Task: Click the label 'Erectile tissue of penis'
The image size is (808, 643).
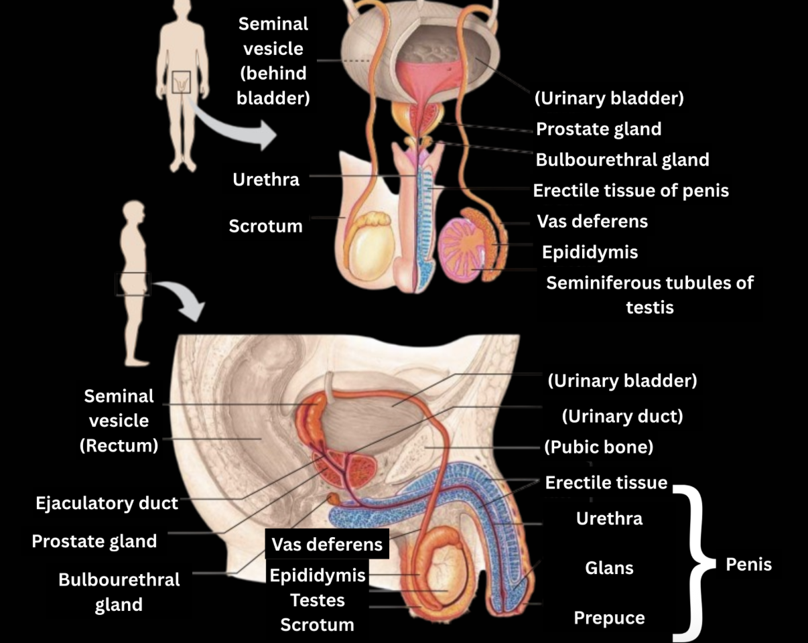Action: coord(630,191)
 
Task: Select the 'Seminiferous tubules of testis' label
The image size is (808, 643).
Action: coord(649,295)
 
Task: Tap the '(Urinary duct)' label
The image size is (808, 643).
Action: coord(622,416)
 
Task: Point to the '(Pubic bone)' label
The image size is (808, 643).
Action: coord(598,447)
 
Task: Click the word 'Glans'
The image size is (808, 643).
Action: coord(609,568)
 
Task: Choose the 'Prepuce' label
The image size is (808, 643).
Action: coord(609,618)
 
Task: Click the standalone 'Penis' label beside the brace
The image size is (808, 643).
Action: coord(748,564)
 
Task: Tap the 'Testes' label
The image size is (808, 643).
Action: coord(317,600)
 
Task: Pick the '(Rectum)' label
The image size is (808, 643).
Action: coord(119,445)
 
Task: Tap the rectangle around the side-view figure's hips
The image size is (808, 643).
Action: coord(133,284)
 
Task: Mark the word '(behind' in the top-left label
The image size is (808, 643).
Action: coord(273,73)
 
